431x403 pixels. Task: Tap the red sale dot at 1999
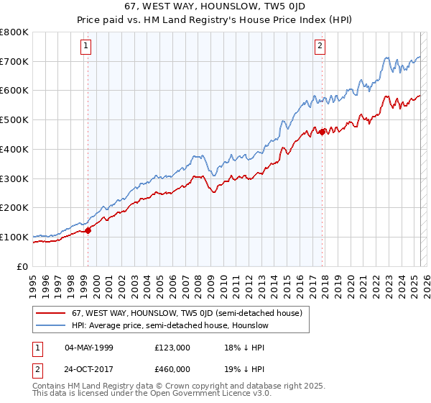88,230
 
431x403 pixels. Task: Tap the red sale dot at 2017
323,131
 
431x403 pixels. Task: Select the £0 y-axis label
23,266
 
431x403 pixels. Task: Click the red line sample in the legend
51,314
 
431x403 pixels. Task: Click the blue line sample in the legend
51,326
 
